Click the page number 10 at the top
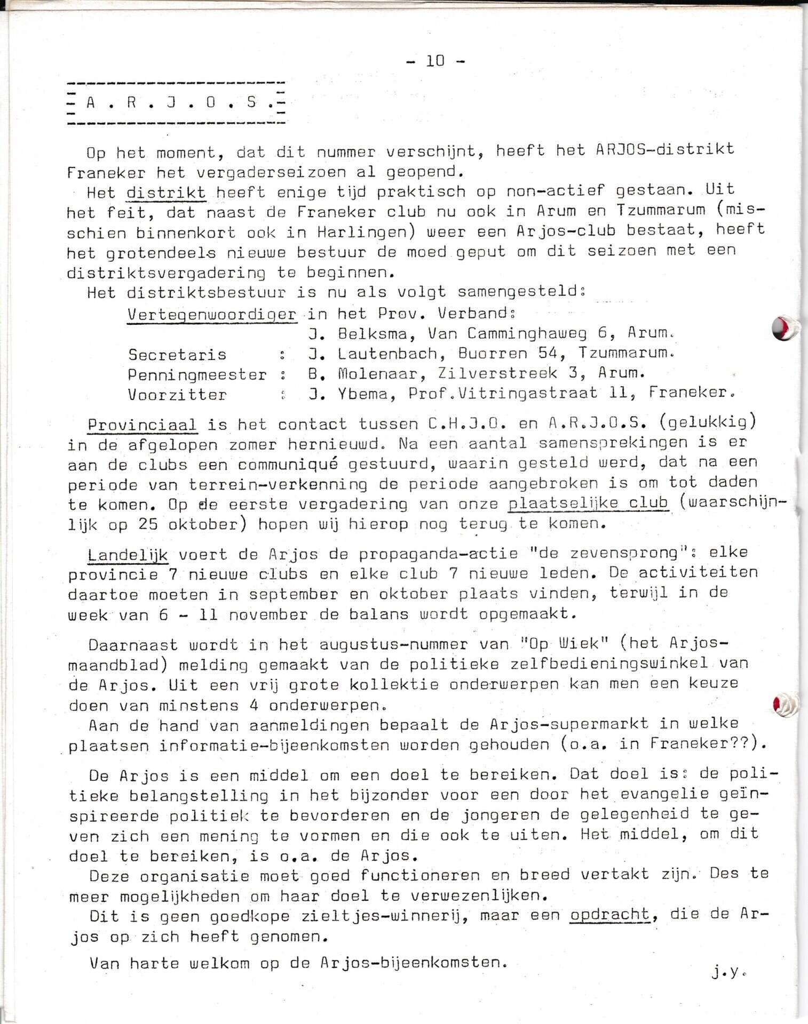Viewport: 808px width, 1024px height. (x=435, y=61)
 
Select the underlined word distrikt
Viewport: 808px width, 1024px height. (x=166, y=192)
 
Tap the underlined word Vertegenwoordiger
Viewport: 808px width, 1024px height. (x=211, y=314)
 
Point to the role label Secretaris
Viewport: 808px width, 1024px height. (x=177, y=355)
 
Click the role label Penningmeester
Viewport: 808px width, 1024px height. (x=197, y=375)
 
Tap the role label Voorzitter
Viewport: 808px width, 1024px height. (x=177, y=395)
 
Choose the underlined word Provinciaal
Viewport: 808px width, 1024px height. (x=142, y=425)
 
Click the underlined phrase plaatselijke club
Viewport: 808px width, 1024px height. (x=588, y=503)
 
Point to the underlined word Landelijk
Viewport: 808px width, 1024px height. (x=128, y=555)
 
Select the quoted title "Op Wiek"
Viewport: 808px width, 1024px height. (x=567, y=644)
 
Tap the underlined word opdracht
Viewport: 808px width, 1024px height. (x=610, y=915)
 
